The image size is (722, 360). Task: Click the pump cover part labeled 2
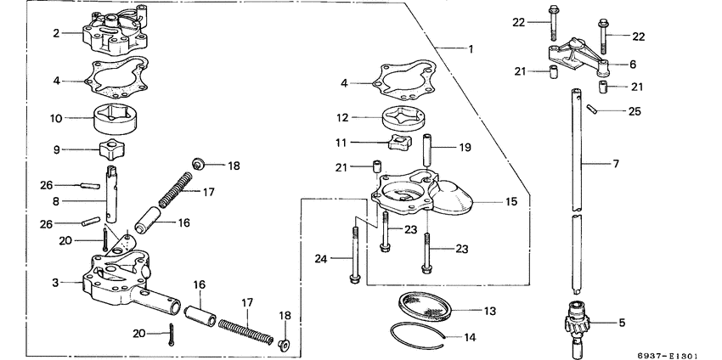click(114, 32)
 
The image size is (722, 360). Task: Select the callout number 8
click(54, 203)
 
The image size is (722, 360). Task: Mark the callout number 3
click(54, 282)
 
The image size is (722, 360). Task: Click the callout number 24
click(321, 259)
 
